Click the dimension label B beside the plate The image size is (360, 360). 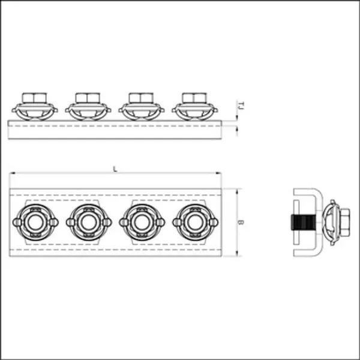240,222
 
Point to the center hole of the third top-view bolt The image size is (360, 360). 141,222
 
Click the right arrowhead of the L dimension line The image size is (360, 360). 223,175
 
